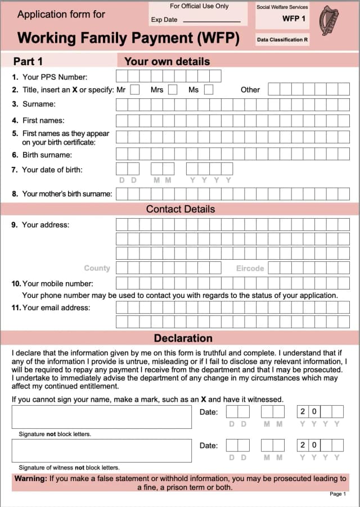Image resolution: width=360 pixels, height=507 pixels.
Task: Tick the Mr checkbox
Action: (x=135, y=89)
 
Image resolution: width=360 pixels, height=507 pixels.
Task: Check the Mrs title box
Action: (x=173, y=89)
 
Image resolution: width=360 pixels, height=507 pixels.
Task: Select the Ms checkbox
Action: (x=209, y=89)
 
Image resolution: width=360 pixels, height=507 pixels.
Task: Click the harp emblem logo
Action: (x=329, y=20)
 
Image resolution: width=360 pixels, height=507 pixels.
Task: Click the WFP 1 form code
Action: (x=294, y=19)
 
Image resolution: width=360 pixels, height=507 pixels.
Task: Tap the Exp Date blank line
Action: (x=211, y=21)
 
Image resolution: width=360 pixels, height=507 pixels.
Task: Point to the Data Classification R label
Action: (x=282, y=40)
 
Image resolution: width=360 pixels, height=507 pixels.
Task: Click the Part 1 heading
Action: (x=28, y=61)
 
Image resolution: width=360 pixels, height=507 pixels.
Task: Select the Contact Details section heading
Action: (x=180, y=209)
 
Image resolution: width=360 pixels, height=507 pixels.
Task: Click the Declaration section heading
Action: (x=183, y=338)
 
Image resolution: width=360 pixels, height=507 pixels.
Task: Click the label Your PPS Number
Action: (x=55, y=77)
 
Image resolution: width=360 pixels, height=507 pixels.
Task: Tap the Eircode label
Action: (x=250, y=269)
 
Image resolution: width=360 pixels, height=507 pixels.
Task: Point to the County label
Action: (x=97, y=269)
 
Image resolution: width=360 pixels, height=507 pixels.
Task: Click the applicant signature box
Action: (x=101, y=417)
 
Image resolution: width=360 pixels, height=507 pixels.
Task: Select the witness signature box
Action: (x=101, y=450)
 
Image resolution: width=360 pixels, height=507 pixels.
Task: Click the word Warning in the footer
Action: (x=30, y=479)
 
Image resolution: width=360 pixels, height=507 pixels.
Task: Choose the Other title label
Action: (x=250, y=89)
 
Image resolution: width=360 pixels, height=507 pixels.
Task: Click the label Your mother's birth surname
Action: (x=67, y=194)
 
